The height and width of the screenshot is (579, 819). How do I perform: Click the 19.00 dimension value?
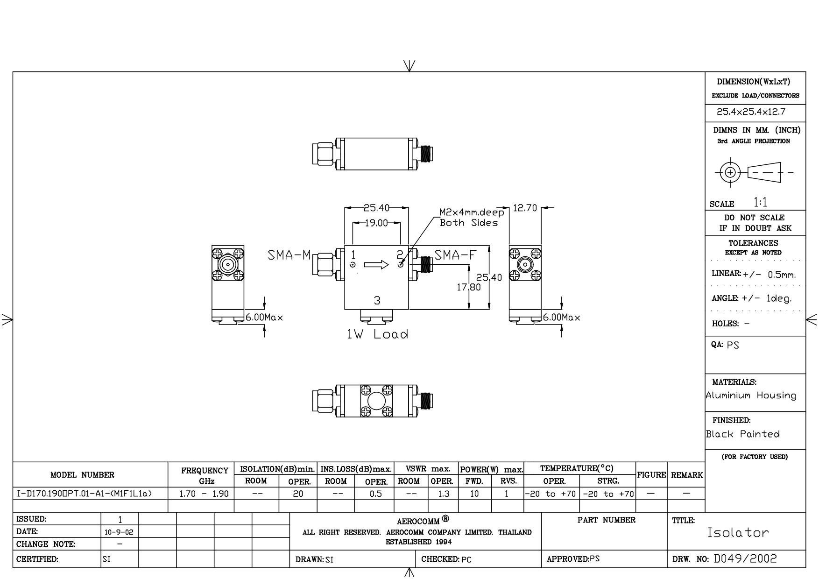point(376,223)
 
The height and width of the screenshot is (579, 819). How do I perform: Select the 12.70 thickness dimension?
point(525,208)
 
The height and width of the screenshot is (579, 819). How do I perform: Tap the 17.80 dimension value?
point(469,287)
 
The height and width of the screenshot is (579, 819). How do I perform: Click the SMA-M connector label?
point(289,255)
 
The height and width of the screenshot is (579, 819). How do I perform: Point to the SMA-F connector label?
point(456,255)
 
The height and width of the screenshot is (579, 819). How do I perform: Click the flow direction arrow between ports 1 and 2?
point(376,265)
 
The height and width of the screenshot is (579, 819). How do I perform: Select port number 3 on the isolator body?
point(377,301)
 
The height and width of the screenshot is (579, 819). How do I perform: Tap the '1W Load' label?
point(377,334)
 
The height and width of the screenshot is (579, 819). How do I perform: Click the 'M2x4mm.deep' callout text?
point(472,212)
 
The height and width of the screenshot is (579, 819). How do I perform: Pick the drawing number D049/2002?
point(746,558)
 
